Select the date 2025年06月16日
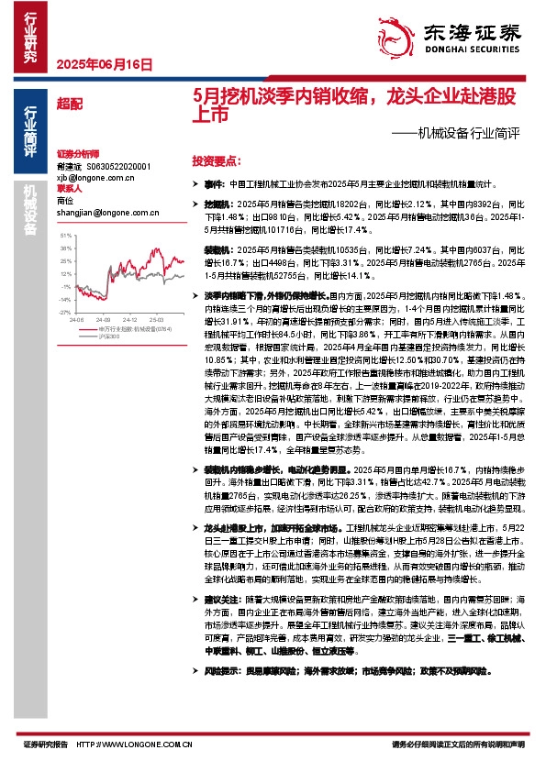(104, 64)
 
